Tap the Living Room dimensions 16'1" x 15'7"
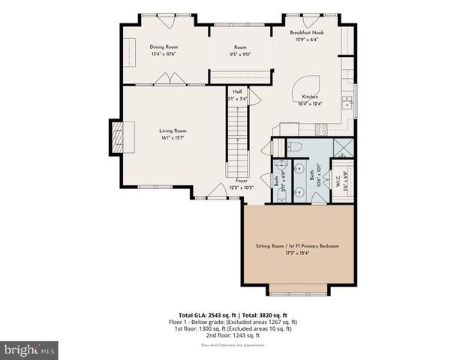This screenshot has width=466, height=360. tap(173, 137)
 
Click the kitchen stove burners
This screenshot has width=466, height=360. tap(320, 128)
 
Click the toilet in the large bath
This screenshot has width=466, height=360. tap(295, 146)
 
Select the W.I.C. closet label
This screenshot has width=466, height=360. tap(338, 181)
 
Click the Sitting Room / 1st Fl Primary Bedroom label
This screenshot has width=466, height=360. tap(298, 246)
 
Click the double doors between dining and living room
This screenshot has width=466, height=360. tap(173, 79)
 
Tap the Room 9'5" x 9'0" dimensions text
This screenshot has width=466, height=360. tap(240, 54)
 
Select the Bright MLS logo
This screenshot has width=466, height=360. tap(29, 349)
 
